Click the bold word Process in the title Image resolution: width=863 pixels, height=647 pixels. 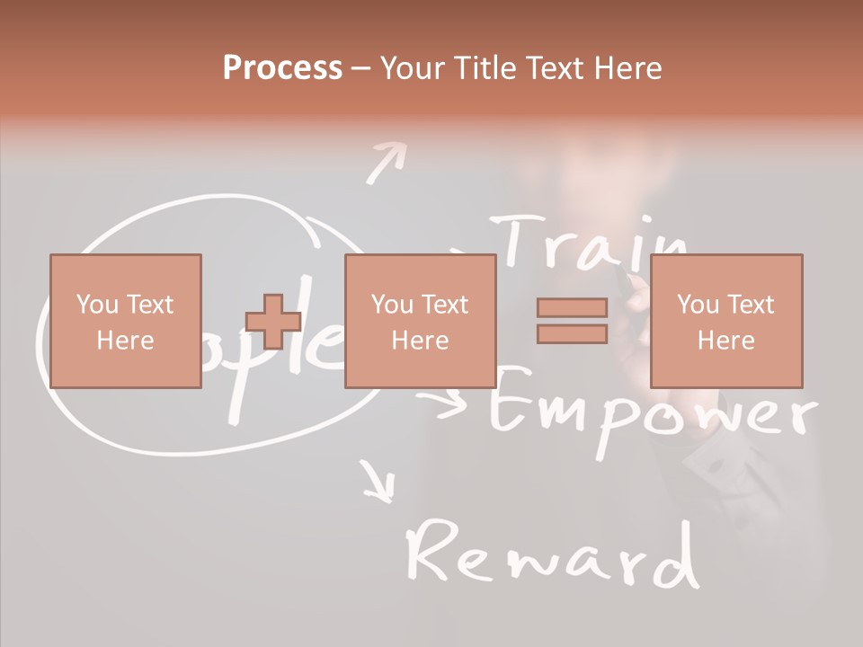coord(282,67)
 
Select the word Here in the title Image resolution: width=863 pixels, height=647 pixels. coord(628,67)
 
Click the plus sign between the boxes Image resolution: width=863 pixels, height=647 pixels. coord(273,322)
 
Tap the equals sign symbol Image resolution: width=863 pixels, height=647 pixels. coord(572,321)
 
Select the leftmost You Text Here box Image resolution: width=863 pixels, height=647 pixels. coord(125,321)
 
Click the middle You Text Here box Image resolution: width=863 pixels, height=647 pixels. coord(420,321)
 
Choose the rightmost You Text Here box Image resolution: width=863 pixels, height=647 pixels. coord(725,321)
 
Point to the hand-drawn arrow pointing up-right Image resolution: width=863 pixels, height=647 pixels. coord(386,163)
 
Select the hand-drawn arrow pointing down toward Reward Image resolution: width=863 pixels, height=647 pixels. coord(378,481)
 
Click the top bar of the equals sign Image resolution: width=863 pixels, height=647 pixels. coord(572,308)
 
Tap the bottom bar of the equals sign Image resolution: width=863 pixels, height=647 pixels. coord(572,333)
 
